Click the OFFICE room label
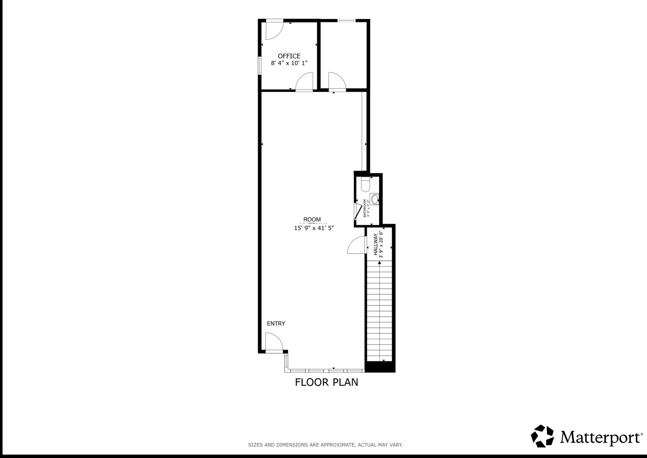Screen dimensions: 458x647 tap(289, 56)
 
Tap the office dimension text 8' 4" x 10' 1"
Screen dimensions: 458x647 tap(289, 63)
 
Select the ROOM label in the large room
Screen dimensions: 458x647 tap(312, 220)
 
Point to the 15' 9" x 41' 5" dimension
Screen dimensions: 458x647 tap(314, 228)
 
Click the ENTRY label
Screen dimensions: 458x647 tap(276, 324)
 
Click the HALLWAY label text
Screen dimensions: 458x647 tap(375, 244)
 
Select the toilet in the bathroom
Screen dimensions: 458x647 tap(366, 185)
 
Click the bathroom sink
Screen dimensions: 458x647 tap(375, 198)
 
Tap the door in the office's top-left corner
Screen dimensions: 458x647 tap(273, 29)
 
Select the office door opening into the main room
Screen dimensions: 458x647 tap(304, 82)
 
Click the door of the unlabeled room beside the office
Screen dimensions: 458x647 tap(336, 82)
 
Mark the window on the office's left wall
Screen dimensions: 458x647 tap(260, 66)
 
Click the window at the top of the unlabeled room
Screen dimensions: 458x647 tap(347, 20)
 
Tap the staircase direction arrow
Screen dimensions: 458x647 tap(379, 263)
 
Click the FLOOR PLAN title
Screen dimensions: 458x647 tap(326, 383)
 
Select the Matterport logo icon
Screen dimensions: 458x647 tap(542, 436)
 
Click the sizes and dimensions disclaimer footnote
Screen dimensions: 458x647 tap(325, 445)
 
